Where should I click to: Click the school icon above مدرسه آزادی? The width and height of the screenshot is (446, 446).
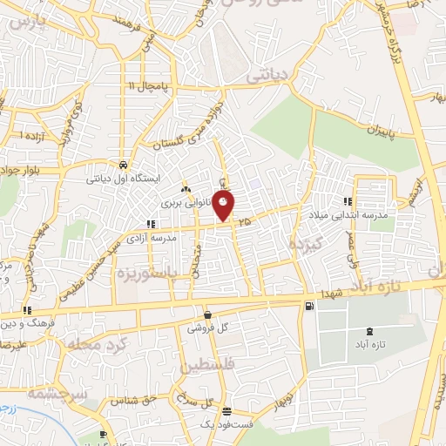coord(152,224)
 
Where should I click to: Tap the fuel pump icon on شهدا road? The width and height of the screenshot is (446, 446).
coord(308,306)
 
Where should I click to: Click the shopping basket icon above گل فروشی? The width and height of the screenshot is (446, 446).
coord(206,314)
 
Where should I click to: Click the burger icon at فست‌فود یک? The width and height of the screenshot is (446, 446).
coord(226,411)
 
